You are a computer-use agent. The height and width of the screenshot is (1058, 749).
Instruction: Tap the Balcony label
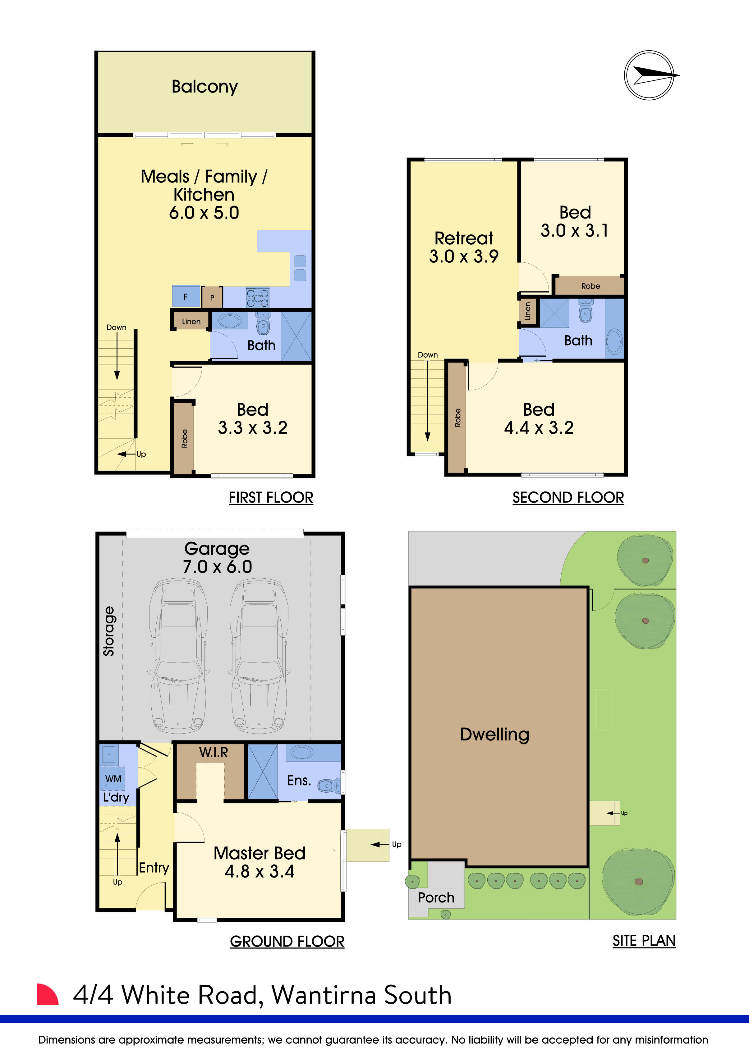click(x=205, y=87)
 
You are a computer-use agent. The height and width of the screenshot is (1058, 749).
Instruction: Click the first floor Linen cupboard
click(x=191, y=321)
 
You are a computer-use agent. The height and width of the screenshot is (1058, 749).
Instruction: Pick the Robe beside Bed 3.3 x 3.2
click(x=184, y=438)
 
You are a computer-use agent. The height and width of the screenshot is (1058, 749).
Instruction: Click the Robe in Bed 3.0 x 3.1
click(x=590, y=286)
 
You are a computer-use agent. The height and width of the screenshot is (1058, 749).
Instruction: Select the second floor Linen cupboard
click(x=528, y=311)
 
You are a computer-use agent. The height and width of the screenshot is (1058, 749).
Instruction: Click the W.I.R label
click(x=214, y=753)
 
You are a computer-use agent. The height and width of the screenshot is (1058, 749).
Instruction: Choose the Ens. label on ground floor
click(x=299, y=780)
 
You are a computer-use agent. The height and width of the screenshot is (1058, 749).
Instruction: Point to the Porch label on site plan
click(x=436, y=897)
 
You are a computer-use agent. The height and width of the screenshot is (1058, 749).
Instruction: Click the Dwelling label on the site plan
click(x=494, y=735)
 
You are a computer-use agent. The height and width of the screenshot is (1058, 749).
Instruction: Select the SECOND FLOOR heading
click(x=568, y=498)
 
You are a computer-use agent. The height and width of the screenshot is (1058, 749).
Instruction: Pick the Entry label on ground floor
click(x=154, y=868)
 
